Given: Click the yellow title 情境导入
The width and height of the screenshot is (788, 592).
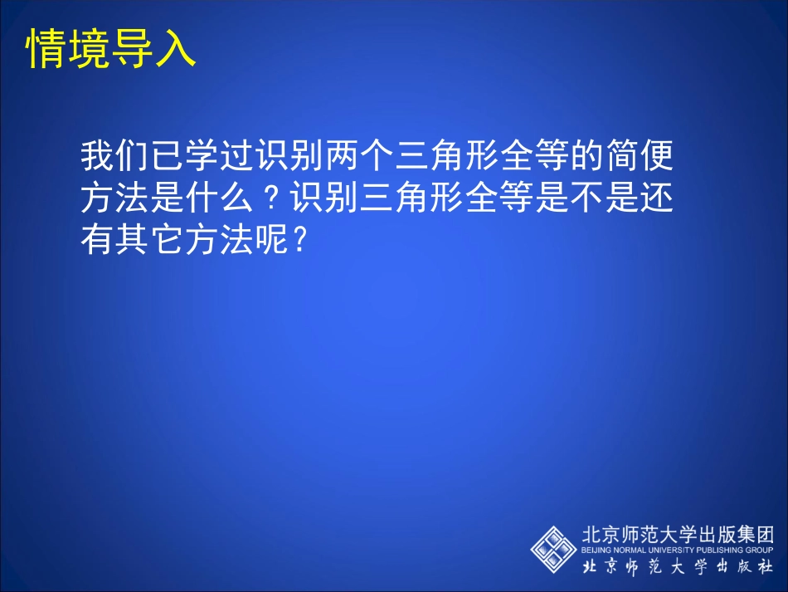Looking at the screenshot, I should coord(111,49).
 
